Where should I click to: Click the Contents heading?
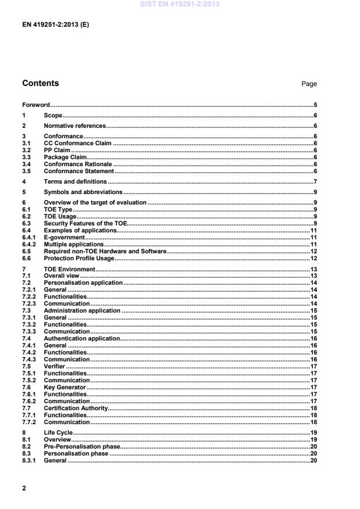tap(40, 83)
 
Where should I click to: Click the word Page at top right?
tap(309, 84)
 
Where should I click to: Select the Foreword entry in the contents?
tap(35, 105)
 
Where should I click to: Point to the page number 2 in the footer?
tap(24, 488)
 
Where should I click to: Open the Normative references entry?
tap(75, 126)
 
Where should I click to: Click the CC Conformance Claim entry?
tap(77, 143)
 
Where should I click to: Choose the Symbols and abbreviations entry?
tap(83, 192)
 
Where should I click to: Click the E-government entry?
tap(64, 238)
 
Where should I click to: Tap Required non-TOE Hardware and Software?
tap(105, 251)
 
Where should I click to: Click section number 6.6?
tap(27, 258)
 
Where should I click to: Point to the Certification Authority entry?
tap(76, 409)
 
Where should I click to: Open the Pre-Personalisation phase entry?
tap(81, 446)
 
